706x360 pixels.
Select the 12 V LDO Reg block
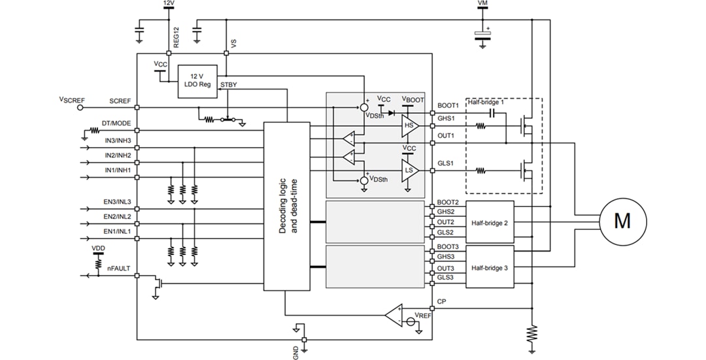[197, 82]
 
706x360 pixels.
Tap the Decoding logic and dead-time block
[286, 206]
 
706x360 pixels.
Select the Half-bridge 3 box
[490, 268]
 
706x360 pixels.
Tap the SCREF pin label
[120, 101]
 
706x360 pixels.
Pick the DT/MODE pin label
[116, 123]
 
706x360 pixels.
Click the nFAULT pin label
[118, 267]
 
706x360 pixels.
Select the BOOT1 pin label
[448, 105]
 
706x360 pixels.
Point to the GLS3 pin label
[446, 278]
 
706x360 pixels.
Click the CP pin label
[441, 302]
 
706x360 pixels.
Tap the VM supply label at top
[482, 4]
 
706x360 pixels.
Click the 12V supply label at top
[168, 4]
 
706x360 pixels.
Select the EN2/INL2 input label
[117, 216]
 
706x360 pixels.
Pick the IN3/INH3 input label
[118, 140]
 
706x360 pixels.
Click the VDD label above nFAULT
[97, 248]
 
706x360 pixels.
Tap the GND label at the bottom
[295, 353]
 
